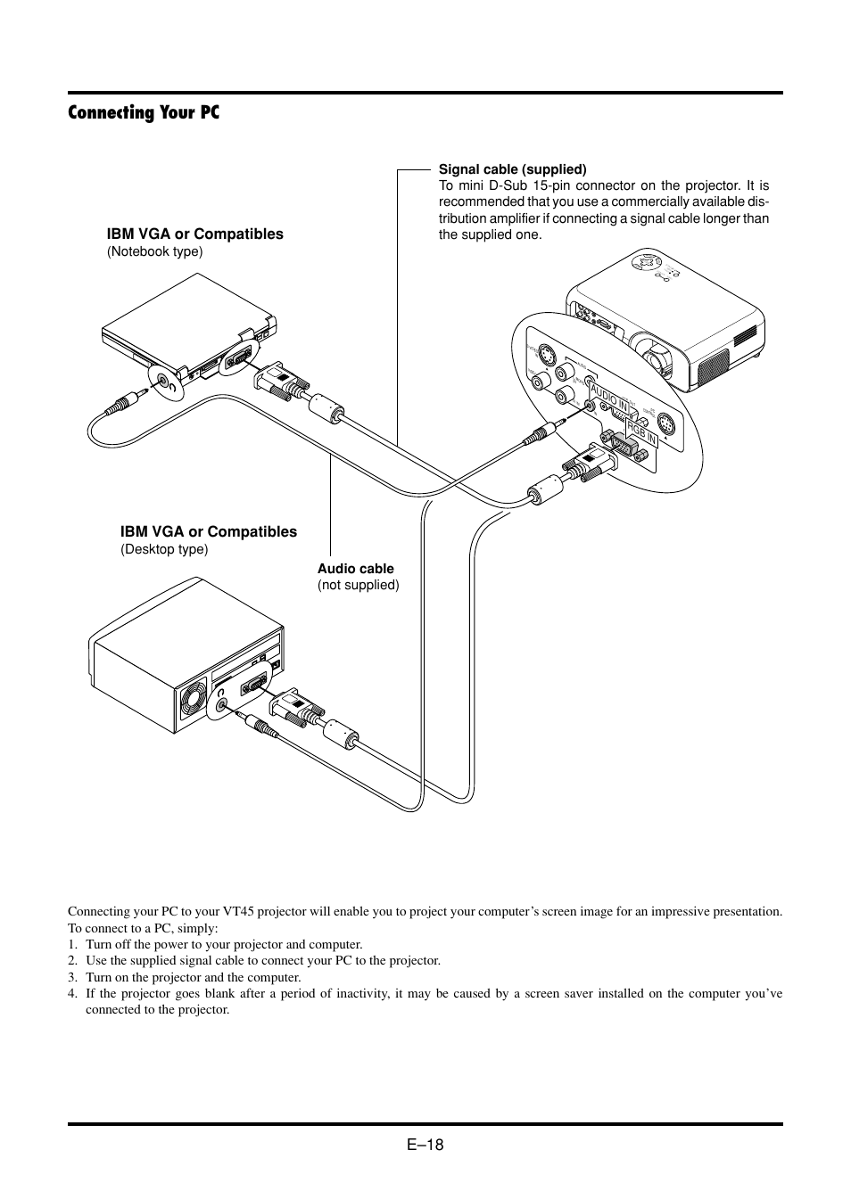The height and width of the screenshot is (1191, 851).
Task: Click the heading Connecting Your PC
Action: coord(144,112)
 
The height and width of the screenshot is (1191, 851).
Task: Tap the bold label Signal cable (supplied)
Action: coord(512,168)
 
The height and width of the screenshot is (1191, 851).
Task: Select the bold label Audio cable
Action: coord(355,569)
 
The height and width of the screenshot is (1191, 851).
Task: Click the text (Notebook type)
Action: coord(154,251)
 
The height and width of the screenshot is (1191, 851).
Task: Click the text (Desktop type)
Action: coord(164,549)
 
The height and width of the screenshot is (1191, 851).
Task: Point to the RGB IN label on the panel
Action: coord(641,433)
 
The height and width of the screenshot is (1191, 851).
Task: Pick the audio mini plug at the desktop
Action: coord(259,724)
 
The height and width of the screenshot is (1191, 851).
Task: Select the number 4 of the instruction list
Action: coord(72,993)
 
